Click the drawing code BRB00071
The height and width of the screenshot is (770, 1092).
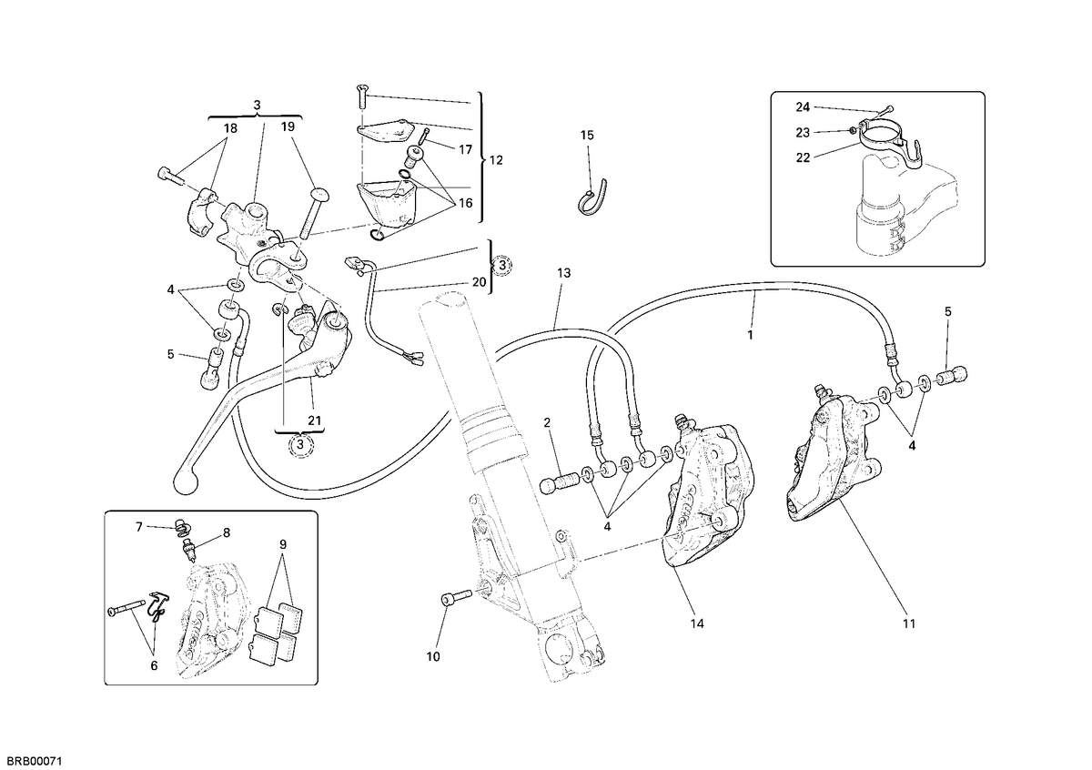(x=31, y=761)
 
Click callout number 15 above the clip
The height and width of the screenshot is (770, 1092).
(x=587, y=135)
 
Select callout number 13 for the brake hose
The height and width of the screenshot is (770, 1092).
(x=563, y=273)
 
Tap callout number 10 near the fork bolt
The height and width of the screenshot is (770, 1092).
(x=433, y=657)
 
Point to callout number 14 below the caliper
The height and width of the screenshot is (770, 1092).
(x=697, y=623)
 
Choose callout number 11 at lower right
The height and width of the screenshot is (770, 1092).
(x=909, y=623)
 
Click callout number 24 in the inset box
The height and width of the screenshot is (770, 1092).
(x=803, y=106)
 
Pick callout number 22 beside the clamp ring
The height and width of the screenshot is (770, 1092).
(x=803, y=157)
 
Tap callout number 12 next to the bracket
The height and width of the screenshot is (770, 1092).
(x=496, y=160)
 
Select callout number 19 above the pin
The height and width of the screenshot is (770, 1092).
(x=288, y=127)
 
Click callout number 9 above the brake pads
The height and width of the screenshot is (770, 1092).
(x=283, y=544)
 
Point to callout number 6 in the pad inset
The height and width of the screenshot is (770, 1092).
(x=154, y=665)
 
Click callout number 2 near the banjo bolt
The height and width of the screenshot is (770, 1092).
(x=547, y=423)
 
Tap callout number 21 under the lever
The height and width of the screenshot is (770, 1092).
(x=315, y=420)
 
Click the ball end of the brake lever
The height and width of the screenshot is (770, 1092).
(x=186, y=482)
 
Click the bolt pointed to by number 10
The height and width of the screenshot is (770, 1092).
(x=456, y=597)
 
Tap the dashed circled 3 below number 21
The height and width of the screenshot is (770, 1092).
(x=299, y=445)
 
